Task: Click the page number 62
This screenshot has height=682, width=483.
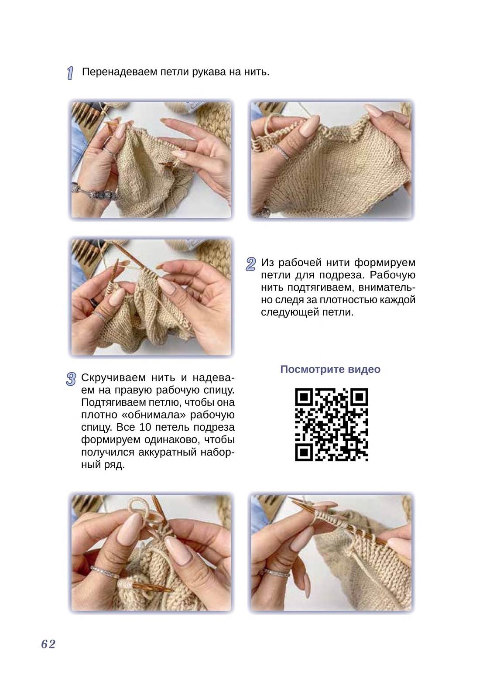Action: (48, 644)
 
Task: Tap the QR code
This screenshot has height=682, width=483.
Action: (331, 425)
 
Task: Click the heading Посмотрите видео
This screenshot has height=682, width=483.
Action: (330, 369)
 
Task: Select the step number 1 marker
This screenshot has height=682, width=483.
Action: (70, 73)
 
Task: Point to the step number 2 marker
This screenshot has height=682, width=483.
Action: (250, 264)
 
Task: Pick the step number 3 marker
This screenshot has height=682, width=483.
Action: (71, 379)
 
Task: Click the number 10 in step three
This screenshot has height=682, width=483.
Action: (145, 428)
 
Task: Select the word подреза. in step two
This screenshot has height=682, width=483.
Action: (342, 275)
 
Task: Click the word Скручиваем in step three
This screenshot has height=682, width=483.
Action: (113, 378)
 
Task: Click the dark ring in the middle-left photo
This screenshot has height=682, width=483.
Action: (94, 302)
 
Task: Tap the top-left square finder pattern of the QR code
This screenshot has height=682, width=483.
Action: (304, 397)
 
